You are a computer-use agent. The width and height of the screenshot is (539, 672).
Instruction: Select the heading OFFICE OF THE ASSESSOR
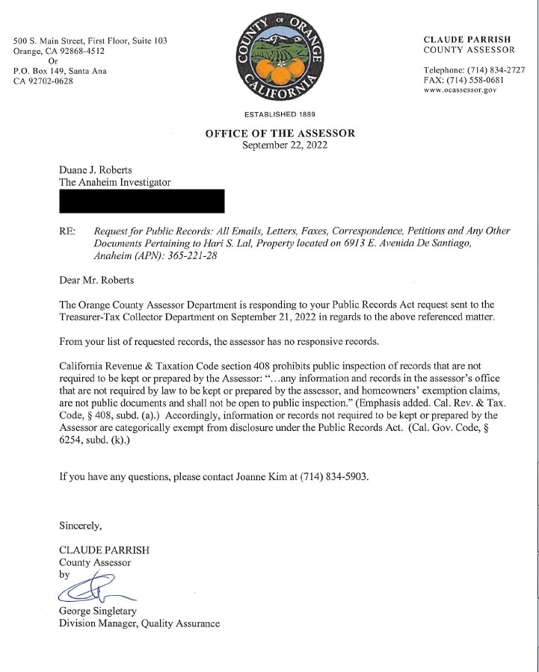click(280, 134)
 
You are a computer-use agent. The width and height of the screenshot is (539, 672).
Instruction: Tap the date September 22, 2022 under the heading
click(280, 146)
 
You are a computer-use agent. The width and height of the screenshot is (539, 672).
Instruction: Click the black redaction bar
click(142, 201)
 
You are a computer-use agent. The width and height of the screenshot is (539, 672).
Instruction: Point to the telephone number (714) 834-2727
click(499, 69)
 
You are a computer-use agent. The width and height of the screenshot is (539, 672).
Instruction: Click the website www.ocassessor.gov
click(460, 90)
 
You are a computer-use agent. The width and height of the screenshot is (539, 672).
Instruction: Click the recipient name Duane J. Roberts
click(97, 170)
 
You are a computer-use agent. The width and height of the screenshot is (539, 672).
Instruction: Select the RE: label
click(67, 232)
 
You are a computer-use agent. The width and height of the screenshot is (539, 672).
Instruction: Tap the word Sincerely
click(80, 525)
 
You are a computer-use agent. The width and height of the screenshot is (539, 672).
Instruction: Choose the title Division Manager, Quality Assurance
click(139, 623)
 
